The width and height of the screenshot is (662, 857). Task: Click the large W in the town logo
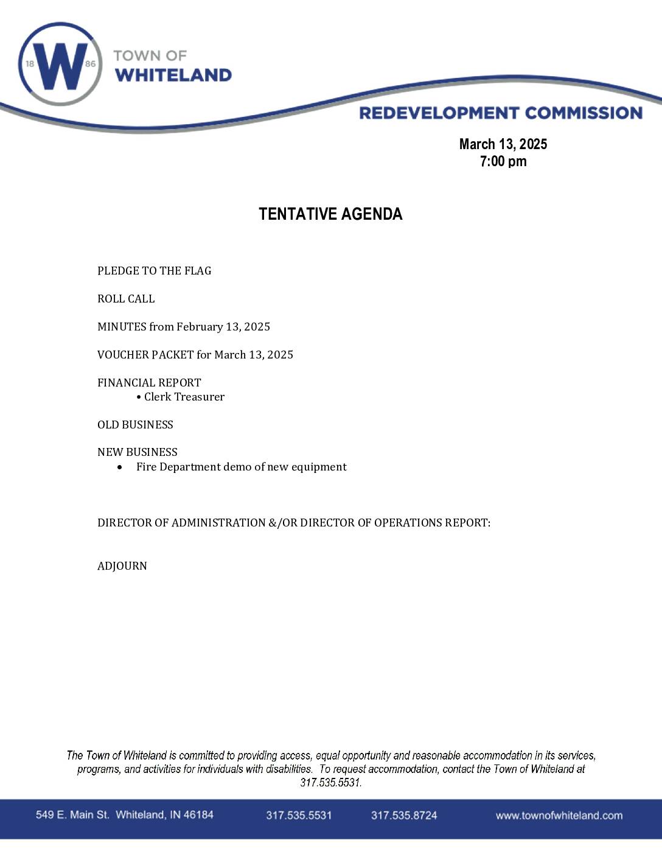(x=60, y=65)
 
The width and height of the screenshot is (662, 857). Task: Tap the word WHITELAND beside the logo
(x=173, y=75)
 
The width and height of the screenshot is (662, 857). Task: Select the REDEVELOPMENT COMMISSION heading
(x=500, y=113)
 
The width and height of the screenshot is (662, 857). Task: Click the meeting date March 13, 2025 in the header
(x=503, y=144)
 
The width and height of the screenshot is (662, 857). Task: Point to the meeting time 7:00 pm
(x=503, y=161)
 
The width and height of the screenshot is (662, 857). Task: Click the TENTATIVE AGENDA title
(x=330, y=214)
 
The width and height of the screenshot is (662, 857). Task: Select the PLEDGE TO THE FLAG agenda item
(x=155, y=271)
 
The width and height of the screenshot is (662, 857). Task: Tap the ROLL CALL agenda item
(x=126, y=299)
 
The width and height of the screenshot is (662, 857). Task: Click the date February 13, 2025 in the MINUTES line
(x=223, y=327)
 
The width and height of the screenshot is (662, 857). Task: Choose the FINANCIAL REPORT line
(x=149, y=383)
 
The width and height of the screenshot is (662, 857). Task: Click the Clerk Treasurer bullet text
(x=184, y=397)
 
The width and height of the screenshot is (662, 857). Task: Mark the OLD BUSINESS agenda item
(x=135, y=425)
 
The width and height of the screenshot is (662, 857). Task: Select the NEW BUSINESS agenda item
(x=138, y=452)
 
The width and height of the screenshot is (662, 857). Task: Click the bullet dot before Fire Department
(x=120, y=467)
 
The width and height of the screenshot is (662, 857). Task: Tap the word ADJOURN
(x=122, y=566)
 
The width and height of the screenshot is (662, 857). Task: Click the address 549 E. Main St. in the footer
(x=72, y=815)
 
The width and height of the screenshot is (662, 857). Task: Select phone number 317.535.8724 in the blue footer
(x=404, y=816)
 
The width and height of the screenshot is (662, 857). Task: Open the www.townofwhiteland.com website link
(x=559, y=816)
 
